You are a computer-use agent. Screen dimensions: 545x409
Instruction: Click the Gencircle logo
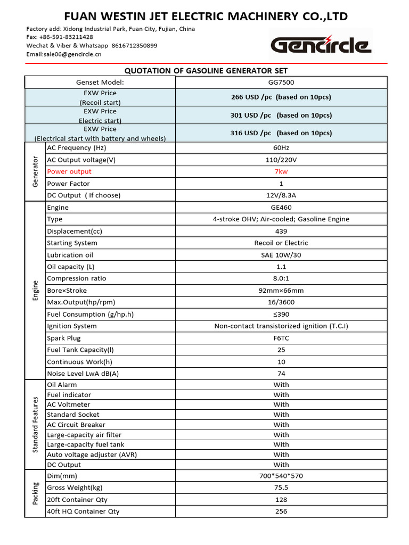[x=321, y=45]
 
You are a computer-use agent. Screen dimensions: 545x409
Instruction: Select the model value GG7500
[x=281, y=82]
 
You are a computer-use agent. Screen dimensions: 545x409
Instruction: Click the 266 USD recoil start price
[x=281, y=97]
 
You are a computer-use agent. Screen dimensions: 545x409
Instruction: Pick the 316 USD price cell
[x=281, y=133]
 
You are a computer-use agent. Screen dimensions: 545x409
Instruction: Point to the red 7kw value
[x=281, y=171]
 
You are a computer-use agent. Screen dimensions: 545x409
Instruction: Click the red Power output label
[x=69, y=171]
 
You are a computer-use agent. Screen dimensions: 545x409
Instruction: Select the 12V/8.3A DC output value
[x=281, y=195]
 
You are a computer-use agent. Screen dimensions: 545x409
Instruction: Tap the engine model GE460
[x=281, y=208]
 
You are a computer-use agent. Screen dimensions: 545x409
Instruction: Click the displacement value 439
[x=281, y=231]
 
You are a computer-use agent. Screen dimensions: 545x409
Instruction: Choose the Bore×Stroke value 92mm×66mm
[x=281, y=291]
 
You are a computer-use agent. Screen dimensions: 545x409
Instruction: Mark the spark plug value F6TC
[x=281, y=338]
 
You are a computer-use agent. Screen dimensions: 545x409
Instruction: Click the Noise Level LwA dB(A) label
[x=83, y=374]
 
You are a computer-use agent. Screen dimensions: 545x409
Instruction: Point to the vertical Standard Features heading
[x=36, y=424]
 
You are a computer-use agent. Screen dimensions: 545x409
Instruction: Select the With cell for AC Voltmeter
[x=281, y=404]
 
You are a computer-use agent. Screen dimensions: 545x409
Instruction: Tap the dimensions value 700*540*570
[x=281, y=476]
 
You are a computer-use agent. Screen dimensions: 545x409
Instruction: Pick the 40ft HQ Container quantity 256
[x=281, y=511]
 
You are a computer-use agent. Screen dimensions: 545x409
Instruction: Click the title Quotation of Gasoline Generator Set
[x=206, y=71]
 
